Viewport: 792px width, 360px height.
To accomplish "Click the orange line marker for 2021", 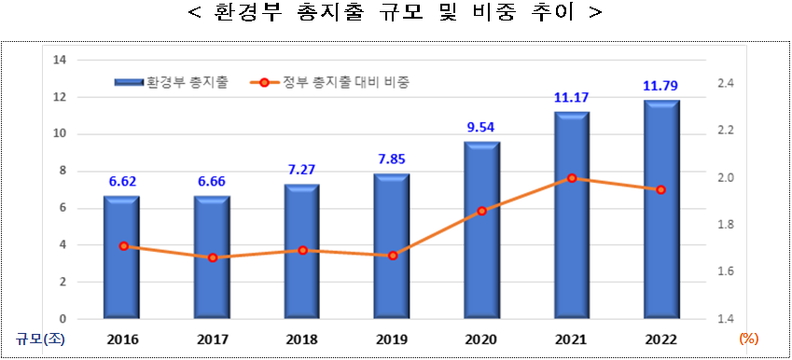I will coord(572,178).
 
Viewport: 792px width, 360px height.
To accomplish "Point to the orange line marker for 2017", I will coord(213,257).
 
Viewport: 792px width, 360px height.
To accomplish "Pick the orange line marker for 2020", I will coord(481,211).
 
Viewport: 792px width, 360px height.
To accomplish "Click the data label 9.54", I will coord(480,127).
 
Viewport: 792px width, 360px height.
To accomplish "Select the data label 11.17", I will coord(571,96).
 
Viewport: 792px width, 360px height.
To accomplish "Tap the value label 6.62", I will coord(121,181).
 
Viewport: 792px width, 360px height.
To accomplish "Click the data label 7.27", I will coord(301,170).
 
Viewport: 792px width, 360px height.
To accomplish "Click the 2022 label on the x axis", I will coord(661,339).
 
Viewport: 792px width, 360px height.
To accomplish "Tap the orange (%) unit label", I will coord(748,339).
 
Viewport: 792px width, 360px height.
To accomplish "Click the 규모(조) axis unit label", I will coord(35,339).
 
